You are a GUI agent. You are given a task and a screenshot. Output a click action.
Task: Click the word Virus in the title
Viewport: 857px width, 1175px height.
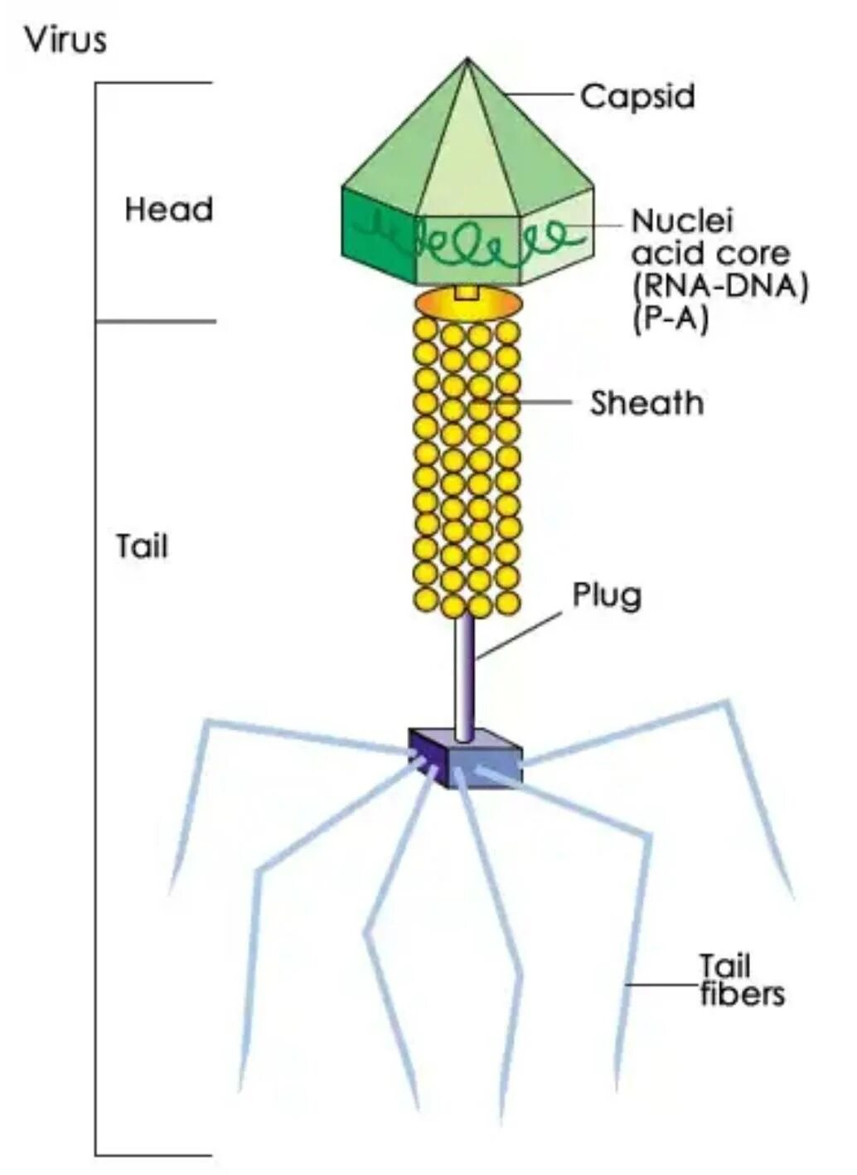click(65, 40)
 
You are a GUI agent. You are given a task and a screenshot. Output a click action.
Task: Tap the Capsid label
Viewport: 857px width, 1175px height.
click(637, 96)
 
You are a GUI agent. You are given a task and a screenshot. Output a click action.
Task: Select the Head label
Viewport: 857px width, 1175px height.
click(168, 209)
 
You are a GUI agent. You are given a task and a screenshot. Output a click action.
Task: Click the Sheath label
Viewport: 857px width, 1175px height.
click(646, 403)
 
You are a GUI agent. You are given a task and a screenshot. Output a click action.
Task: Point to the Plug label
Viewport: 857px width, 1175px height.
click(607, 595)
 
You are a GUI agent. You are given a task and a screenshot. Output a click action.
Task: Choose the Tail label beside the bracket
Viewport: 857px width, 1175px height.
click(142, 546)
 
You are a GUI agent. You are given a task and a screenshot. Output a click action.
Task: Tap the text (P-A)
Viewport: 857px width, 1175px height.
click(671, 319)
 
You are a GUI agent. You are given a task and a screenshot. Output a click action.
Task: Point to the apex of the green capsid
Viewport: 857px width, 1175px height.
click(467, 61)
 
